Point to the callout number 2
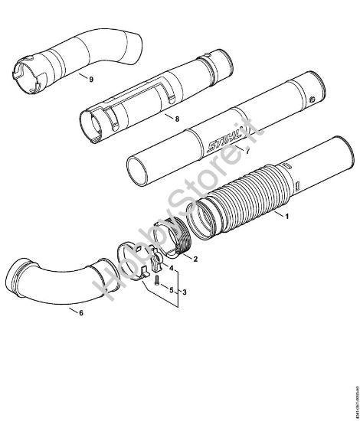coord(196,259)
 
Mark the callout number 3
coord(183,292)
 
